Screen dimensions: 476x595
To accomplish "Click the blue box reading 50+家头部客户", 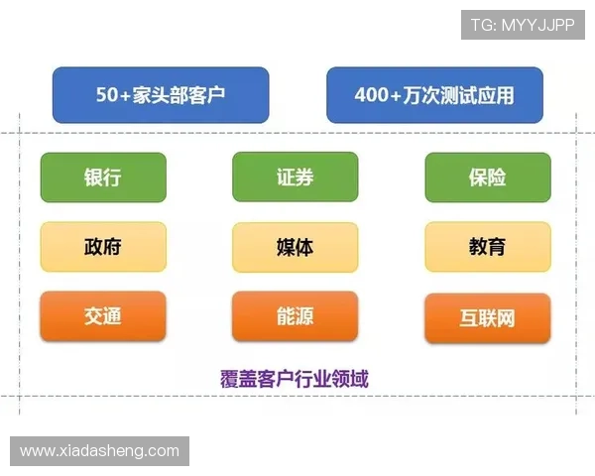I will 160,95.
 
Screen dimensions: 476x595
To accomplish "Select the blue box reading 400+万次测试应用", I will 434,95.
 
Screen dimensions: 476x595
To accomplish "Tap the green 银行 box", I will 103,178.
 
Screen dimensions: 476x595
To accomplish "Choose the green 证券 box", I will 296,178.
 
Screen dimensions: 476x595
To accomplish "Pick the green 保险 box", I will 487,178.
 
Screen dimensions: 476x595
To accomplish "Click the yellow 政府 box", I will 103,247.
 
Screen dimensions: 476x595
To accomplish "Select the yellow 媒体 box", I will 296,247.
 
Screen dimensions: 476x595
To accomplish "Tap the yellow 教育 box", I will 487,247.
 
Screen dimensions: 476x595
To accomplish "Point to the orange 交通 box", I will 103,316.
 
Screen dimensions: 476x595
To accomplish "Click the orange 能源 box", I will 296,316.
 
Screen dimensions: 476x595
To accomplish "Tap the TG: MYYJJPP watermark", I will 523,24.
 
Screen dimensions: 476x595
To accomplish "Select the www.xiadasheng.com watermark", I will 99,451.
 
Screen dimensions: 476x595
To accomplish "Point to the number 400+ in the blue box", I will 378,96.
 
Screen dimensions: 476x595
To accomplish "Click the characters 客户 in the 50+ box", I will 205,96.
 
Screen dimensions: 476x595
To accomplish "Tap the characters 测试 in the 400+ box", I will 458,96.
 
